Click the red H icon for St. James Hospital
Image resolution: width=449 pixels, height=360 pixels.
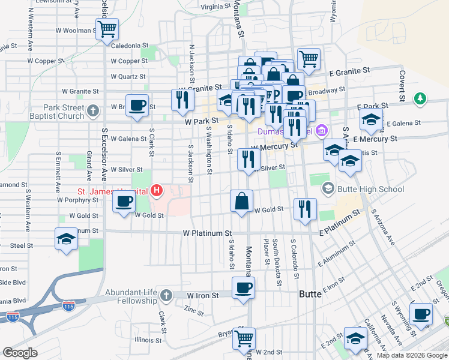point(157,191)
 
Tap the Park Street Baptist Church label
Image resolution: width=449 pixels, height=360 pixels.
point(55,112)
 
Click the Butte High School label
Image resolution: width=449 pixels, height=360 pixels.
point(369,190)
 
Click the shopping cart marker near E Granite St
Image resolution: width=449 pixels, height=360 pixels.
point(309,59)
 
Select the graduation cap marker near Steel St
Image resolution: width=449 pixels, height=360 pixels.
point(65,239)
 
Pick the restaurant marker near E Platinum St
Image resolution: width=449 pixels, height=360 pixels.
point(305,209)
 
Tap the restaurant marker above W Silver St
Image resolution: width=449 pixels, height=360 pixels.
point(247,159)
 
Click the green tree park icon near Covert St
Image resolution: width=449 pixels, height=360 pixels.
point(421,98)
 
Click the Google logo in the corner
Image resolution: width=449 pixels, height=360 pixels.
point(20,353)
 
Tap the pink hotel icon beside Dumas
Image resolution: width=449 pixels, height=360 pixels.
point(322,130)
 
